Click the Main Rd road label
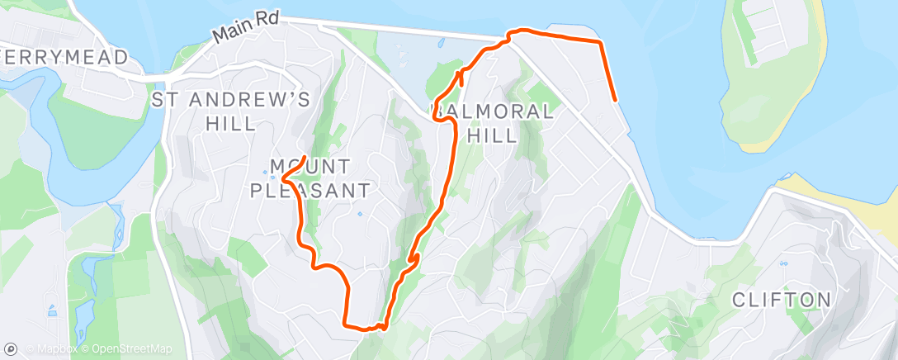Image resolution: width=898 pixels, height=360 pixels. click(246, 28)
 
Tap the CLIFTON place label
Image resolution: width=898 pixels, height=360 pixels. click(782, 300)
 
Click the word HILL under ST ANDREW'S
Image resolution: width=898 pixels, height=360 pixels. click(232, 124)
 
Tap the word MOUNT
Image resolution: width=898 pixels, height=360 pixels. click(312, 166)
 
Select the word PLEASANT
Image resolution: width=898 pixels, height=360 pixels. click(320, 191)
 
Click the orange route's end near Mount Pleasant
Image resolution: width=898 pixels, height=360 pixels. click(305, 157)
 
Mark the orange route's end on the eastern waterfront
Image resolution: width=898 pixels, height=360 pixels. click(616, 100)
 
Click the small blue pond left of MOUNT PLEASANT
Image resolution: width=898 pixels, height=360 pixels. click(272, 175)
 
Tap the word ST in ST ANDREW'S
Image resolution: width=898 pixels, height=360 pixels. click(167, 100)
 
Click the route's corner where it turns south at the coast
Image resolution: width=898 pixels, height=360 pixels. click(599, 40)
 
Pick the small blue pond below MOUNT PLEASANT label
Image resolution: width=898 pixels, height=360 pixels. click(359, 216)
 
